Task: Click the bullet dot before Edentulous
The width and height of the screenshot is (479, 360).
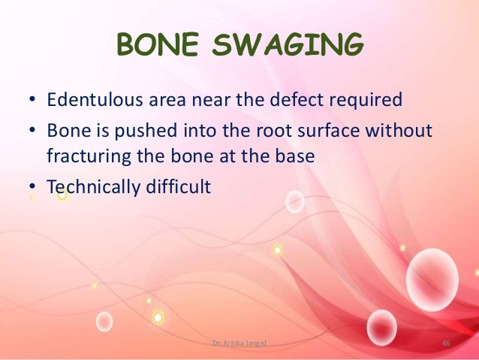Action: coord(32,100)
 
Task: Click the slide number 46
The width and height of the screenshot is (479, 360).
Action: coord(445,343)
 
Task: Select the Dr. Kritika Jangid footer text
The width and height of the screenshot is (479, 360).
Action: coord(239,343)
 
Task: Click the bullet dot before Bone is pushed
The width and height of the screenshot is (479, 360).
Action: coord(32,132)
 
